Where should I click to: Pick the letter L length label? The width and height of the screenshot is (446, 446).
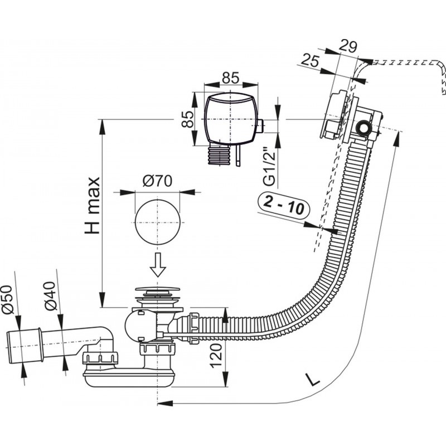coord(314,381)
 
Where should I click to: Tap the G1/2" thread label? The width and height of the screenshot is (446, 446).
coord(269,164)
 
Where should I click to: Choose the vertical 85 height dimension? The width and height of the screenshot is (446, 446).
coord(188,118)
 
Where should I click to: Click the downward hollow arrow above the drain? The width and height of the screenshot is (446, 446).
coord(158,265)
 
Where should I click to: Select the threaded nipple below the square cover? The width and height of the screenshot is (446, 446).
coord(219,156)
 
